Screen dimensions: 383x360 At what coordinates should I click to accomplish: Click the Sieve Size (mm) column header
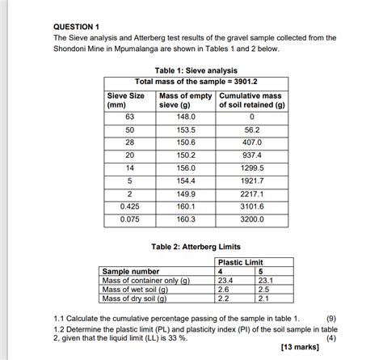click(x=126, y=100)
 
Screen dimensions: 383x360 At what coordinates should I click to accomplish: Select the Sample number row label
click(x=129, y=272)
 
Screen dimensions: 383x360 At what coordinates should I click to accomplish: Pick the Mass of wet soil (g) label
click(x=136, y=289)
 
